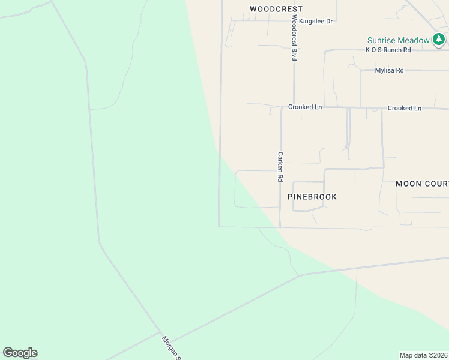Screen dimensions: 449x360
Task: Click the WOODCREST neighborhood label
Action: (x=276, y=9)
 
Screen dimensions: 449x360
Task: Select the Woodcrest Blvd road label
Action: (x=294, y=38)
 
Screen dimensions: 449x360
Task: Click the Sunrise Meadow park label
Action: (x=399, y=40)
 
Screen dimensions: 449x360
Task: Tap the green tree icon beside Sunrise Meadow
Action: (x=439, y=40)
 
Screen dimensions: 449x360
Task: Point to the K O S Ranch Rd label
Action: (x=388, y=50)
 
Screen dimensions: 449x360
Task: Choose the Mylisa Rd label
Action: (x=389, y=70)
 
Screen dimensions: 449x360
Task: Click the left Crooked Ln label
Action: (x=305, y=107)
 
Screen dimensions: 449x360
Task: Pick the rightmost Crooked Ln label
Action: (x=405, y=108)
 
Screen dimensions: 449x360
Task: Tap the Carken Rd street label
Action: (x=280, y=166)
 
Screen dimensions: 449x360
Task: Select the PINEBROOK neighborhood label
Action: (x=312, y=197)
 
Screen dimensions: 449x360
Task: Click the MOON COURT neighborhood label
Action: (x=422, y=184)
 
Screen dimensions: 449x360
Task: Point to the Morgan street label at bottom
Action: (x=171, y=347)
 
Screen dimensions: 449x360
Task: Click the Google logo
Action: (x=20, y=353)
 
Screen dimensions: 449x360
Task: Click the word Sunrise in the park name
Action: (x=382, y=40)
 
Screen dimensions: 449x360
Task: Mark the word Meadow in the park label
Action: (x=414, y=40)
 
